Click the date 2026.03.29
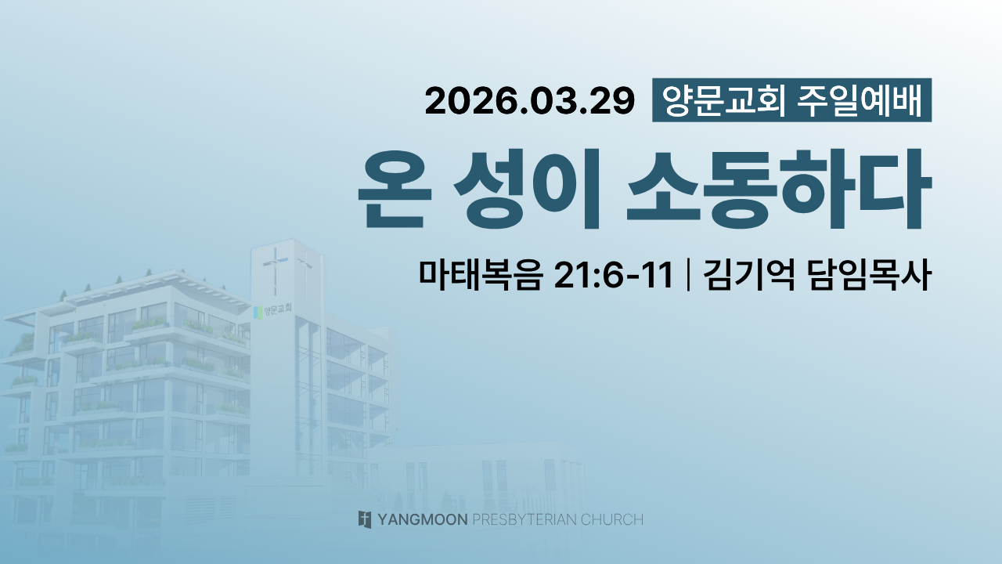[x=530, y=101]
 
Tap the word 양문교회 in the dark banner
[x=723, y=100]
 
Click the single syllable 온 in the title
[x=395, y=190]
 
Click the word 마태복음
[x=481, y=274]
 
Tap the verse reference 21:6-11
[x=613, y=274]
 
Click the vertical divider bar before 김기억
[x=687, y=274]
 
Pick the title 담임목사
[x=870, y=274]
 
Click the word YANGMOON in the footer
[x=423, y=519]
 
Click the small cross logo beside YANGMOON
[x=365, y=519]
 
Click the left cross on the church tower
[x=275, y=270]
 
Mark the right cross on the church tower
[x=305, y=274]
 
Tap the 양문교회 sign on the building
[x=278, y=309]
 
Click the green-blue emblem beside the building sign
[x=258, y=313]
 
